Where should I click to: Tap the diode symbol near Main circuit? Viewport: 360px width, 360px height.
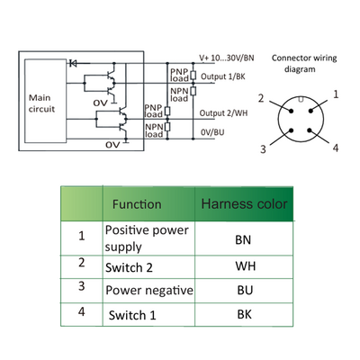point(73,63)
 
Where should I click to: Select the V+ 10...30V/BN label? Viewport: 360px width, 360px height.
point(227,58)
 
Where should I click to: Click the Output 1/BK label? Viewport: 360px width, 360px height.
point(223,76)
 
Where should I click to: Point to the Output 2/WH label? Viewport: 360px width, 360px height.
point(223,113)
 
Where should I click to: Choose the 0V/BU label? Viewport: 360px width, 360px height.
point(212,132)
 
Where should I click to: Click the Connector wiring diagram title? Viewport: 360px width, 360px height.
point(304,63)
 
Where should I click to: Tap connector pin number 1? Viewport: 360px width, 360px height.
point(336,94)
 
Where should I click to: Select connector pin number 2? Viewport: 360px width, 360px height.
point(261,98)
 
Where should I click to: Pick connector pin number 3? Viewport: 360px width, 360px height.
point(263,148)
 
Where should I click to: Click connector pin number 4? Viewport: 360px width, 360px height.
point(336,148)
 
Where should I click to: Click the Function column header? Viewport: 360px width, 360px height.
point(137,204)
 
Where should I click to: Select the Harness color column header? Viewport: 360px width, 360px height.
point(244,204)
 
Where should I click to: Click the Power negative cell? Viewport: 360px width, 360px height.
point(149,291)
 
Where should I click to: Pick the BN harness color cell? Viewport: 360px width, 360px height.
point(243,239)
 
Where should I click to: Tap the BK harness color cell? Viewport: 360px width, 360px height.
point(245,314)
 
